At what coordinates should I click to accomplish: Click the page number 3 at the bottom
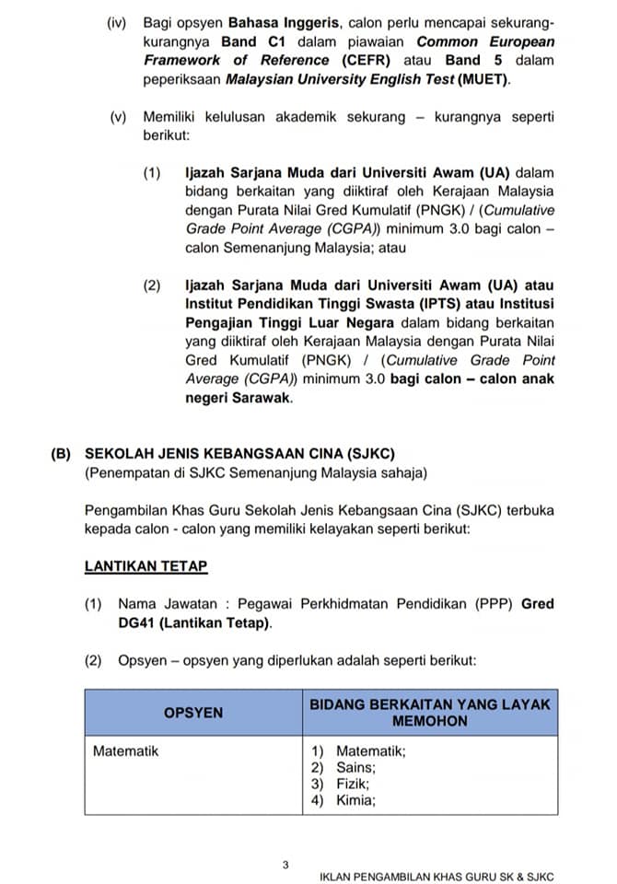coord(285,865)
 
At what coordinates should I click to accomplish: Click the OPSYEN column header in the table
coord(192,713)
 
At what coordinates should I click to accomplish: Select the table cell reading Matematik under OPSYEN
coord(125,751)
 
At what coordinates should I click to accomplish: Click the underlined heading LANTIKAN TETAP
coord(146,566)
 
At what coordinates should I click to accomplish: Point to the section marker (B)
coord(63,454)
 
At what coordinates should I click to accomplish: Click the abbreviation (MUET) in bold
coord(484,79)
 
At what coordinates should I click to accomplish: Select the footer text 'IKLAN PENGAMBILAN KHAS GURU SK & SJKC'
coord(437,877)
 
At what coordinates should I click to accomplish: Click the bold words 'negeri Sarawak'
coord(238,398)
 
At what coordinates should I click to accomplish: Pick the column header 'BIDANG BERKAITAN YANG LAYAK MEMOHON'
coord(430,713)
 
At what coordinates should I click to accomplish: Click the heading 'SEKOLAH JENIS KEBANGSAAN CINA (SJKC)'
coord(239,454)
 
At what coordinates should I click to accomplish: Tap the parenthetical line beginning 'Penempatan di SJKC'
coord(255,473)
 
